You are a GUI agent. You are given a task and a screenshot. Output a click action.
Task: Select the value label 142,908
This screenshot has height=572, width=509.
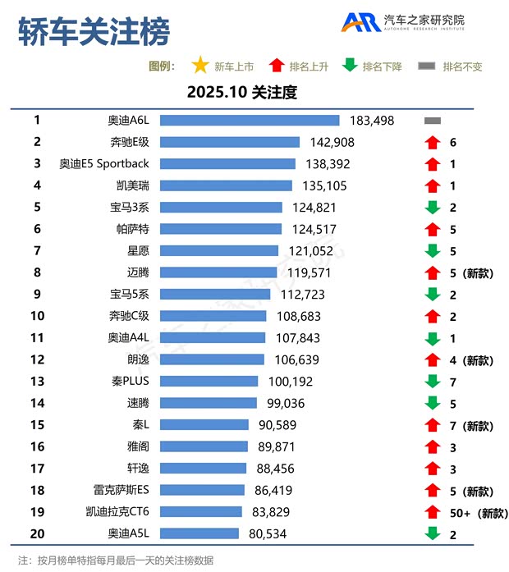332,142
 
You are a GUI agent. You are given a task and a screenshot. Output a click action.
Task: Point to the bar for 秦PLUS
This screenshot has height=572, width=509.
209,382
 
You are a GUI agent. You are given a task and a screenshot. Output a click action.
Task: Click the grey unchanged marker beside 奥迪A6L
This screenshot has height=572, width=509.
433,121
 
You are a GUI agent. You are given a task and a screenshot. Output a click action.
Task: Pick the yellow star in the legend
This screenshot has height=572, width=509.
199,66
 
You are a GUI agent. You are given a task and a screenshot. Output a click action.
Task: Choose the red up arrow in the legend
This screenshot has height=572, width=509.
276,66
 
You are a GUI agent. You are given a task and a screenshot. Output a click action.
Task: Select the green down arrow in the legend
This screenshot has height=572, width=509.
350,66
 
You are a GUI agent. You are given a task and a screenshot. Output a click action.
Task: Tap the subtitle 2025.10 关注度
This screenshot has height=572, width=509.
241,92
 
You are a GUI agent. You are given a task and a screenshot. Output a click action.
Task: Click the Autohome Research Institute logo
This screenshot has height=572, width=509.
402,22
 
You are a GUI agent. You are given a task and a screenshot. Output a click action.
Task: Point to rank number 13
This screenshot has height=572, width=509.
37,382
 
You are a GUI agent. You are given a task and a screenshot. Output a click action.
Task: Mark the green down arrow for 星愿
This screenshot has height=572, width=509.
433,251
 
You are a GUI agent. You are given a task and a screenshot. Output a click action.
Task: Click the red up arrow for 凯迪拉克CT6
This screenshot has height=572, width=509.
433,512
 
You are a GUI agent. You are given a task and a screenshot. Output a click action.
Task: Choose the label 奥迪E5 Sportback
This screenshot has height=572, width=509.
104,164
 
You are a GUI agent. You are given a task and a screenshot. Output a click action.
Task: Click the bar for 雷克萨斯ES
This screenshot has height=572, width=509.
202,491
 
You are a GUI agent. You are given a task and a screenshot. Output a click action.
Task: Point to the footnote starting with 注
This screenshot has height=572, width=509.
115,561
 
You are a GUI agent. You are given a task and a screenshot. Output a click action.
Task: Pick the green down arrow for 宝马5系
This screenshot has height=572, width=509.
433,295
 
